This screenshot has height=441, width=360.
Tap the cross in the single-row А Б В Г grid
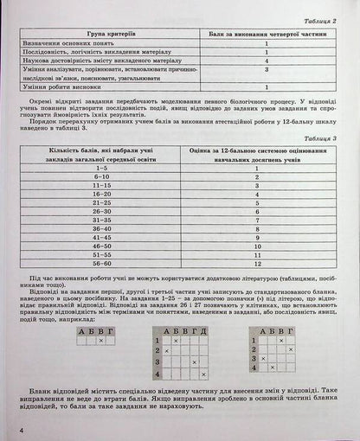100,341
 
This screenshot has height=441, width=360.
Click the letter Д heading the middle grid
203,329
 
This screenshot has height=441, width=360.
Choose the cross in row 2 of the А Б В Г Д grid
167,352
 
